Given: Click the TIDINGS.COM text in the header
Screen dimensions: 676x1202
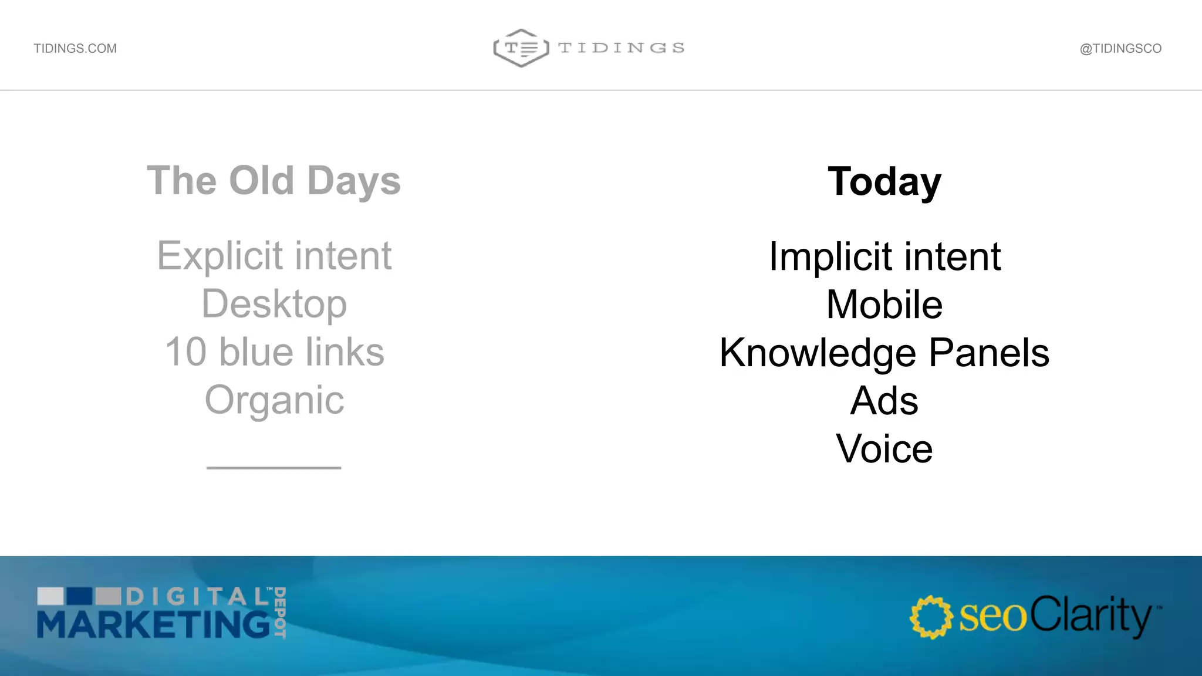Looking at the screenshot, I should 75,49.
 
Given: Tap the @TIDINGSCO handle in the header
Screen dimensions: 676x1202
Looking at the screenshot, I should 1120,49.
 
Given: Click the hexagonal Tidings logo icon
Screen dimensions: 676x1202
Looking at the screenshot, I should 521,48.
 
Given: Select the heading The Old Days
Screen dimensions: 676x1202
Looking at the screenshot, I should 274,181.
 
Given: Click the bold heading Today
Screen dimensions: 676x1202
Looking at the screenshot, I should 884,182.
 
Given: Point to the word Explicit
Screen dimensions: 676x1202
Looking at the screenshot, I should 220,256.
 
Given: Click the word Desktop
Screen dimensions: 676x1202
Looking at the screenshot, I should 274,305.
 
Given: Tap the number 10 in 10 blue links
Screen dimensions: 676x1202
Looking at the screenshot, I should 185,352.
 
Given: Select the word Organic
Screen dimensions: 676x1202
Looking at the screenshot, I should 274,401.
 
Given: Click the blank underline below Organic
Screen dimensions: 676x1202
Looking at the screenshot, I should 274,467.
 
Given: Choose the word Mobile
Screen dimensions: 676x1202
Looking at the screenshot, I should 884,305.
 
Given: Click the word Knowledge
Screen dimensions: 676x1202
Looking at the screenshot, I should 818,353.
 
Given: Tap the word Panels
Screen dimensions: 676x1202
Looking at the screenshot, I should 989,353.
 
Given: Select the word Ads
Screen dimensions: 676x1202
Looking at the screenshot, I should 884,401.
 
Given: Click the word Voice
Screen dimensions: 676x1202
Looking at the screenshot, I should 884,449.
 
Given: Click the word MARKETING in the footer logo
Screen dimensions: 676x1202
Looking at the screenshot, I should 154,625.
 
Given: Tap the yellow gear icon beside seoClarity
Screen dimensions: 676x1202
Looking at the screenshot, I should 931,617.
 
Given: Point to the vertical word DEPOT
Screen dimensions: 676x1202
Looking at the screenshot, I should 280,612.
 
